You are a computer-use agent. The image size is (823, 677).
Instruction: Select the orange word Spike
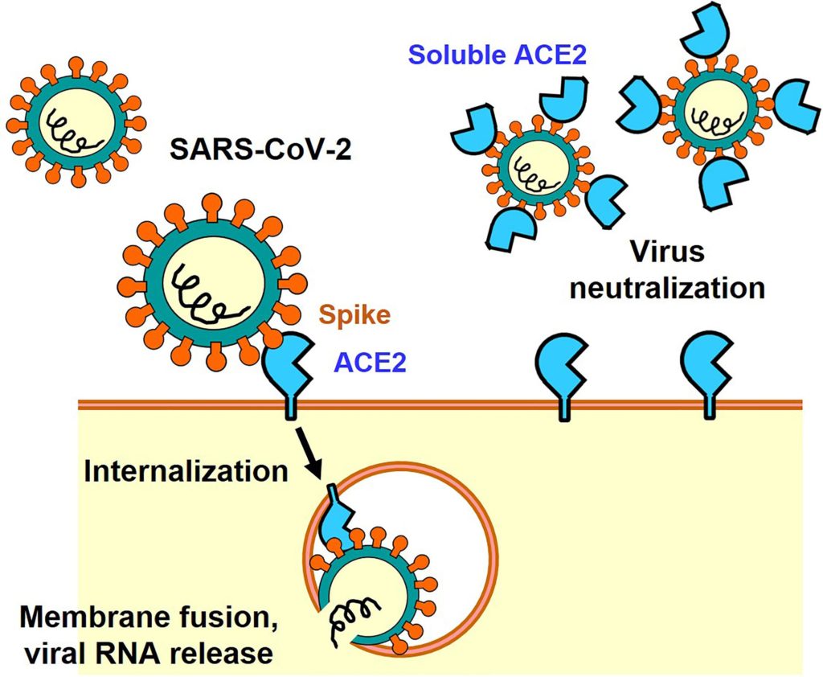tap(350, 314)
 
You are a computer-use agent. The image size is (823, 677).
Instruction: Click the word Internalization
tap(186, 470)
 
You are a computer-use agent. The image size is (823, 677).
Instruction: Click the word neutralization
tap(666, 287)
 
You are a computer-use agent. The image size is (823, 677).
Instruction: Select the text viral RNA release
tap(146, 653)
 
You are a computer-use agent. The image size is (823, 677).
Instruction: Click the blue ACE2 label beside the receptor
tap(371, 363)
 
